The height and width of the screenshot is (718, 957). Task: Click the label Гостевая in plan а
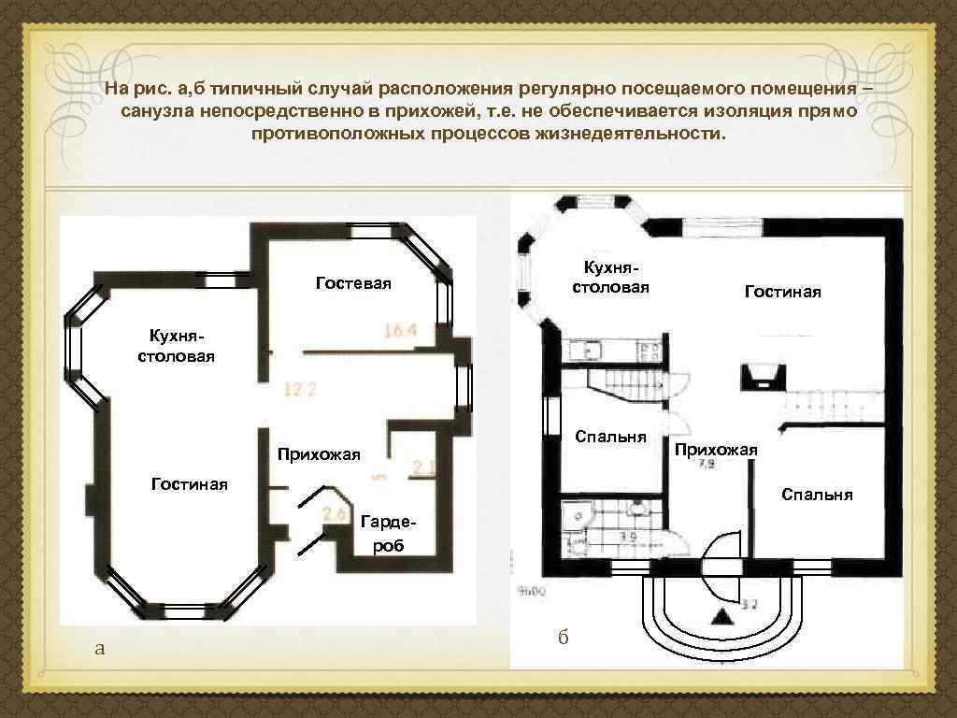[x=353, y=282]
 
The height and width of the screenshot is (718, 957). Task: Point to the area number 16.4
[x=400, y=329]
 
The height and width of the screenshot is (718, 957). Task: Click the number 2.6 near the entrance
[x=335, y=513]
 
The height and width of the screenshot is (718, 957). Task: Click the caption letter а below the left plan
[x=100, y=648]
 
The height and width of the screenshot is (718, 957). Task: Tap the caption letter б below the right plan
[x=563, y=638]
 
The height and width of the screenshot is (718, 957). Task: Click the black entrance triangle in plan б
[x=721, y=616]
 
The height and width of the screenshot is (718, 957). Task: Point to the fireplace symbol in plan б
[x=758, y=376]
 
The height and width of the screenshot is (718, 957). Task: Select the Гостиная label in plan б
[x=782, y=292]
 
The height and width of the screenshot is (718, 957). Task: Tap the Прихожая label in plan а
[x=318, y=454]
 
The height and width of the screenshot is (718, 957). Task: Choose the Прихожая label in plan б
[x=716, y=450]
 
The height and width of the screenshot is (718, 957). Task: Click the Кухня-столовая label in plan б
[x=610, y=277]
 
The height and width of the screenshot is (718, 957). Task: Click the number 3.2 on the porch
[x=749, y=604]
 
